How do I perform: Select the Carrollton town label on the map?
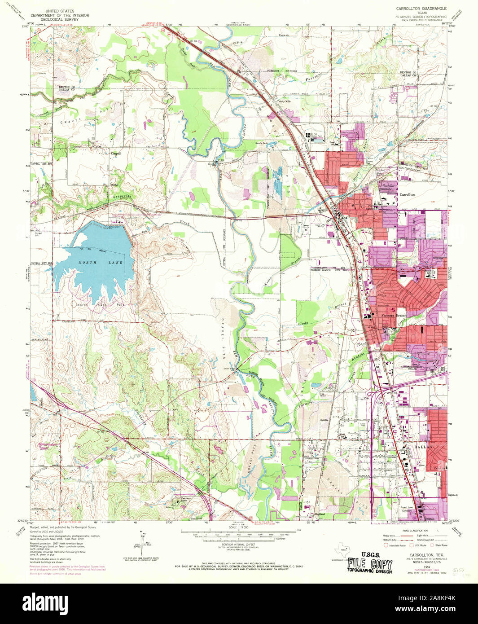point(407,194)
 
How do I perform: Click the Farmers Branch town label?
point(393,315)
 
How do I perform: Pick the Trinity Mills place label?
point(284,101)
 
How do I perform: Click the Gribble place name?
point(325,420)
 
